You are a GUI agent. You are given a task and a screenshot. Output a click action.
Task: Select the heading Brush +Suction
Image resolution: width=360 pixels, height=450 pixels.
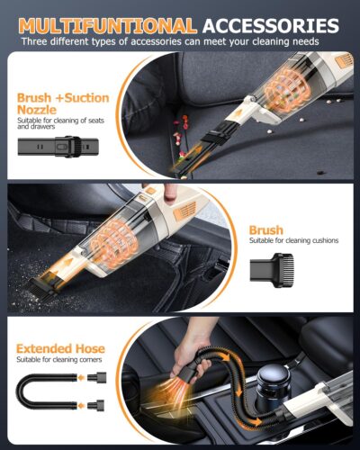point(64,98)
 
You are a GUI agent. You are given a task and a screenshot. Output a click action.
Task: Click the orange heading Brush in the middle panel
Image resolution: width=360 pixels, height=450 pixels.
point(266,230)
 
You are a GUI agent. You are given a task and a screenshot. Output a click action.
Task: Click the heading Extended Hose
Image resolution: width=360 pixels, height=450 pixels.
point(60,348)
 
